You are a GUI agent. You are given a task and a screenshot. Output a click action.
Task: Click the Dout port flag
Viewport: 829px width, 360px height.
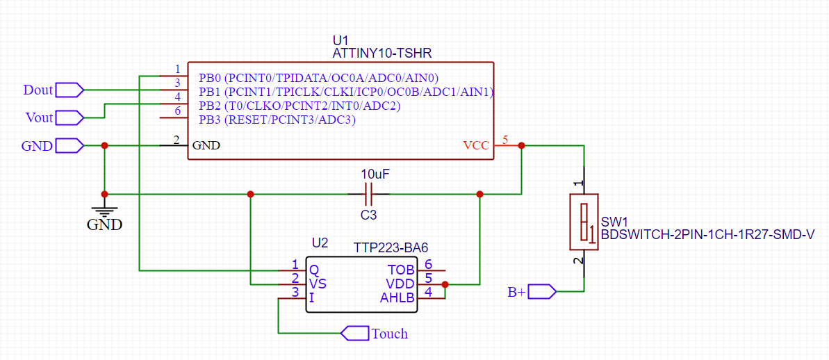[x=69, y=90]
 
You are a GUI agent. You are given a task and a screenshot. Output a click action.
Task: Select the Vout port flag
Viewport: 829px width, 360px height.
[x=69, y=117]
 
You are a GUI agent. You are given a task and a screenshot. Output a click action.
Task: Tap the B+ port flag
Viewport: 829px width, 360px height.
[x=542, y=292]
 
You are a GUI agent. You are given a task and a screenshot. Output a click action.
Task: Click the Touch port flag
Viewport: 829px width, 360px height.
[x=354, y=334]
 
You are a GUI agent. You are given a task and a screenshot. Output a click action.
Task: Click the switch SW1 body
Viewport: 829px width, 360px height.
[x=584, y=222]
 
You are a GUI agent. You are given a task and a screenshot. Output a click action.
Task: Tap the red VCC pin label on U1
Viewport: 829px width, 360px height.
[x=476, y=146]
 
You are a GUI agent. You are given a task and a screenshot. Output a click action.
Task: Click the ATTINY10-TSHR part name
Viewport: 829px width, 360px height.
[x=384, y=53]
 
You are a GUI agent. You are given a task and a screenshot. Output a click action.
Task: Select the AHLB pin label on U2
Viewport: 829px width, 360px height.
[x=397, y=298]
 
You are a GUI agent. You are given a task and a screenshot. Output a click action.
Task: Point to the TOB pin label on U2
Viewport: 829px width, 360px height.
[x=401, y=269]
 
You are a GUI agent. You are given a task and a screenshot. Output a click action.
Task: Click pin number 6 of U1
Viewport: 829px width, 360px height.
[x=178, y=111]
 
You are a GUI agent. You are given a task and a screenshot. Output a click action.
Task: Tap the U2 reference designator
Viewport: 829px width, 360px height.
[x=320, y=243]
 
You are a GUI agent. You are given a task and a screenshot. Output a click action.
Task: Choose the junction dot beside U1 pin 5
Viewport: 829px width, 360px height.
[x=522, y=146]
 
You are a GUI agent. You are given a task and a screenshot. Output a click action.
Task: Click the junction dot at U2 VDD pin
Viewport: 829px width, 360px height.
[x=445, y=284]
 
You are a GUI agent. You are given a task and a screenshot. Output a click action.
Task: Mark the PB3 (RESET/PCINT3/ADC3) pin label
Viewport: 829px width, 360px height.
[x=277, y=120]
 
